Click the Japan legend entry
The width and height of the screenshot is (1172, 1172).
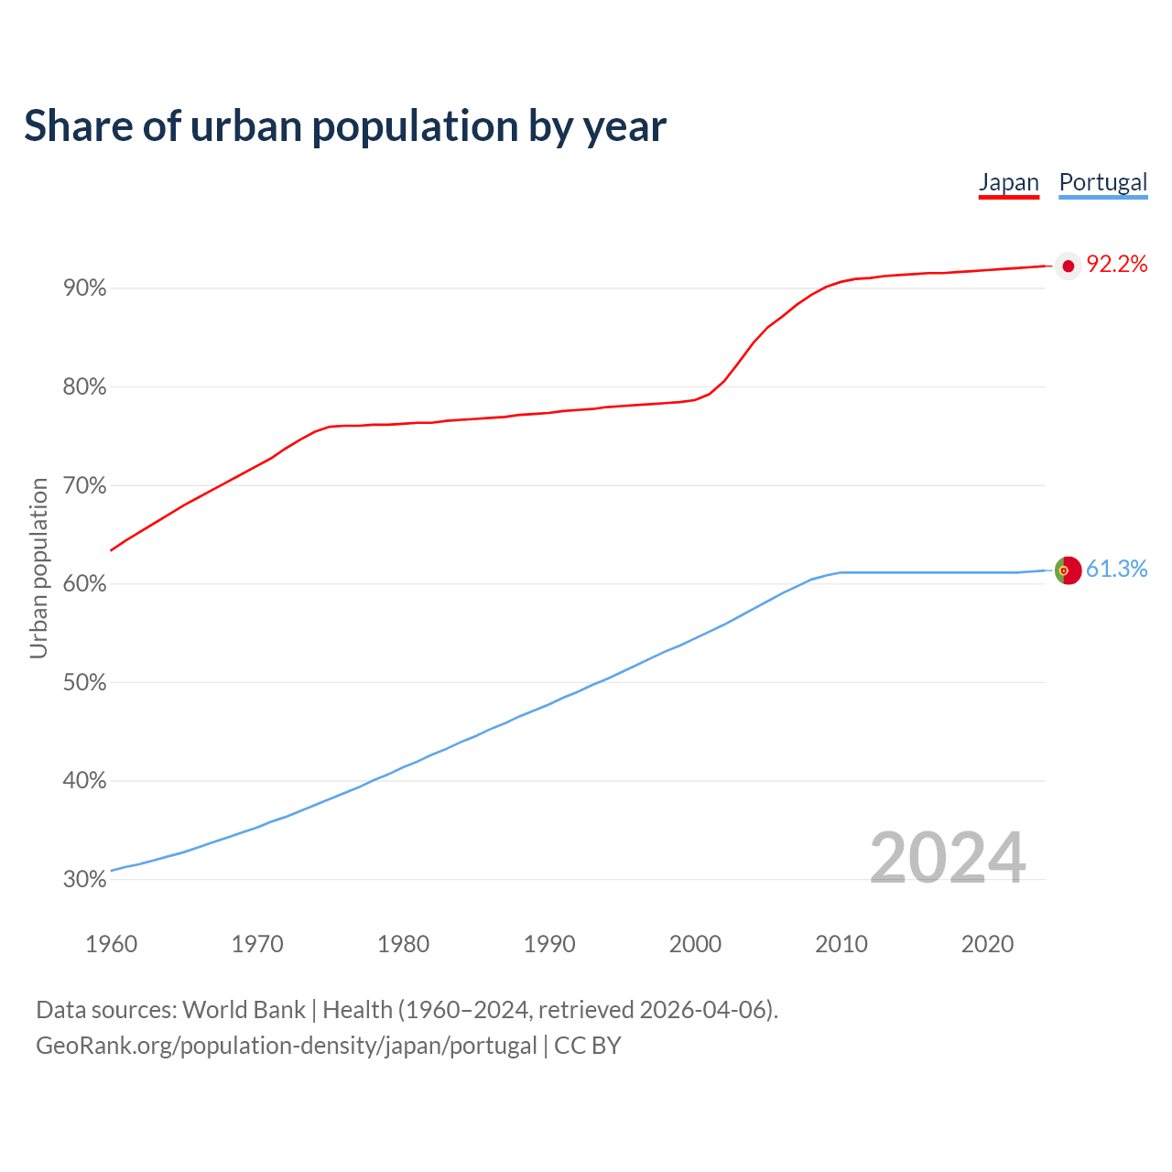pyautogui.click(x=1009, y=182)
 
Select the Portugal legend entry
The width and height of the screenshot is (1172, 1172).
pyautogui.click(x=1102, y=182)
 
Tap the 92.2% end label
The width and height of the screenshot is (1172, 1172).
pyautogui.click(x=1116, y=265)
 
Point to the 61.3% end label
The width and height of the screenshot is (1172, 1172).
pyautogui.click(x=1116, y=570)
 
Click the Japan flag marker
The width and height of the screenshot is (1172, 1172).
pyautogui.click(x=1068, y=266)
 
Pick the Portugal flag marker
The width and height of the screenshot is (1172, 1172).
pyautogui.click(x=1068, y=570)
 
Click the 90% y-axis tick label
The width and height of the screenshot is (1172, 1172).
pyautogui.click(x=85, y=288)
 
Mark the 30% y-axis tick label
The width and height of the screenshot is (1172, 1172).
pyautogui.click(x=85, y=880)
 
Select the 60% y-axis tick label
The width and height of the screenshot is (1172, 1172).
pyautogui.click(x=85, y=584)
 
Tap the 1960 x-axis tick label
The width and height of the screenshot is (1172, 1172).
pyautogui.click(x=111, y=944)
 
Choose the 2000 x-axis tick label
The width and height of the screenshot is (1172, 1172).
pyautogui.click(x=695, y=944)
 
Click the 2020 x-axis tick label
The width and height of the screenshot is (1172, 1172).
pyautogui.click(x=987, y=944)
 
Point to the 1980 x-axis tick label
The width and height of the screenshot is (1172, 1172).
pyautogui.click(x=403, y=944)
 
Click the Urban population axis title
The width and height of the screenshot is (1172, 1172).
pyautogui.click(x=38, y=568)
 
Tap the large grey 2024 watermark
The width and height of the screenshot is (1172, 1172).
pyautogui.click(x=947, y=858)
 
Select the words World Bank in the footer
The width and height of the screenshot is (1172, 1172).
pyautogui.click(x=244, y=1010)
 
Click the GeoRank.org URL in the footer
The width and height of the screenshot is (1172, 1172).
pyautogui.click(x=286, y=1046)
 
